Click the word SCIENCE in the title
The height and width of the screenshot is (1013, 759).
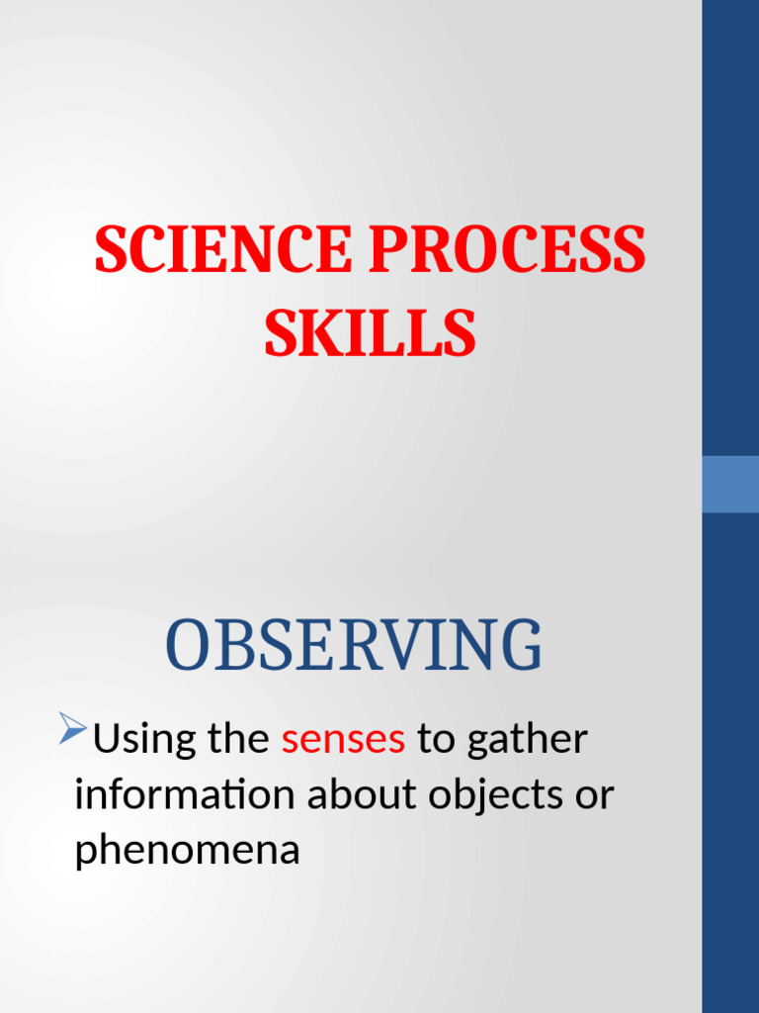(222, 251)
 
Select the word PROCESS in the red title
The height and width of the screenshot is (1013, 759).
(507, 251)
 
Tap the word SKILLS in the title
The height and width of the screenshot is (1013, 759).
(370, 334)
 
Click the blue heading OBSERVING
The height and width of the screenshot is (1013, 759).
(354, 646)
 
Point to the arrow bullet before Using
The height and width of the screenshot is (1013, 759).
(72, 729)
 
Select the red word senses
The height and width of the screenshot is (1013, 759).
(343, 739)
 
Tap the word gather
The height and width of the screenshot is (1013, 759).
(527, 740)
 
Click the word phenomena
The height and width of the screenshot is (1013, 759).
(187, 851)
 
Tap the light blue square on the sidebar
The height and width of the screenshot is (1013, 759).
(730, 484)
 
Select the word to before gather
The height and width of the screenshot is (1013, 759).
(435, 740)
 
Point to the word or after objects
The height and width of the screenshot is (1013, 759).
(596, 795)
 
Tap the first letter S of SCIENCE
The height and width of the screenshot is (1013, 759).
(111, 251)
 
